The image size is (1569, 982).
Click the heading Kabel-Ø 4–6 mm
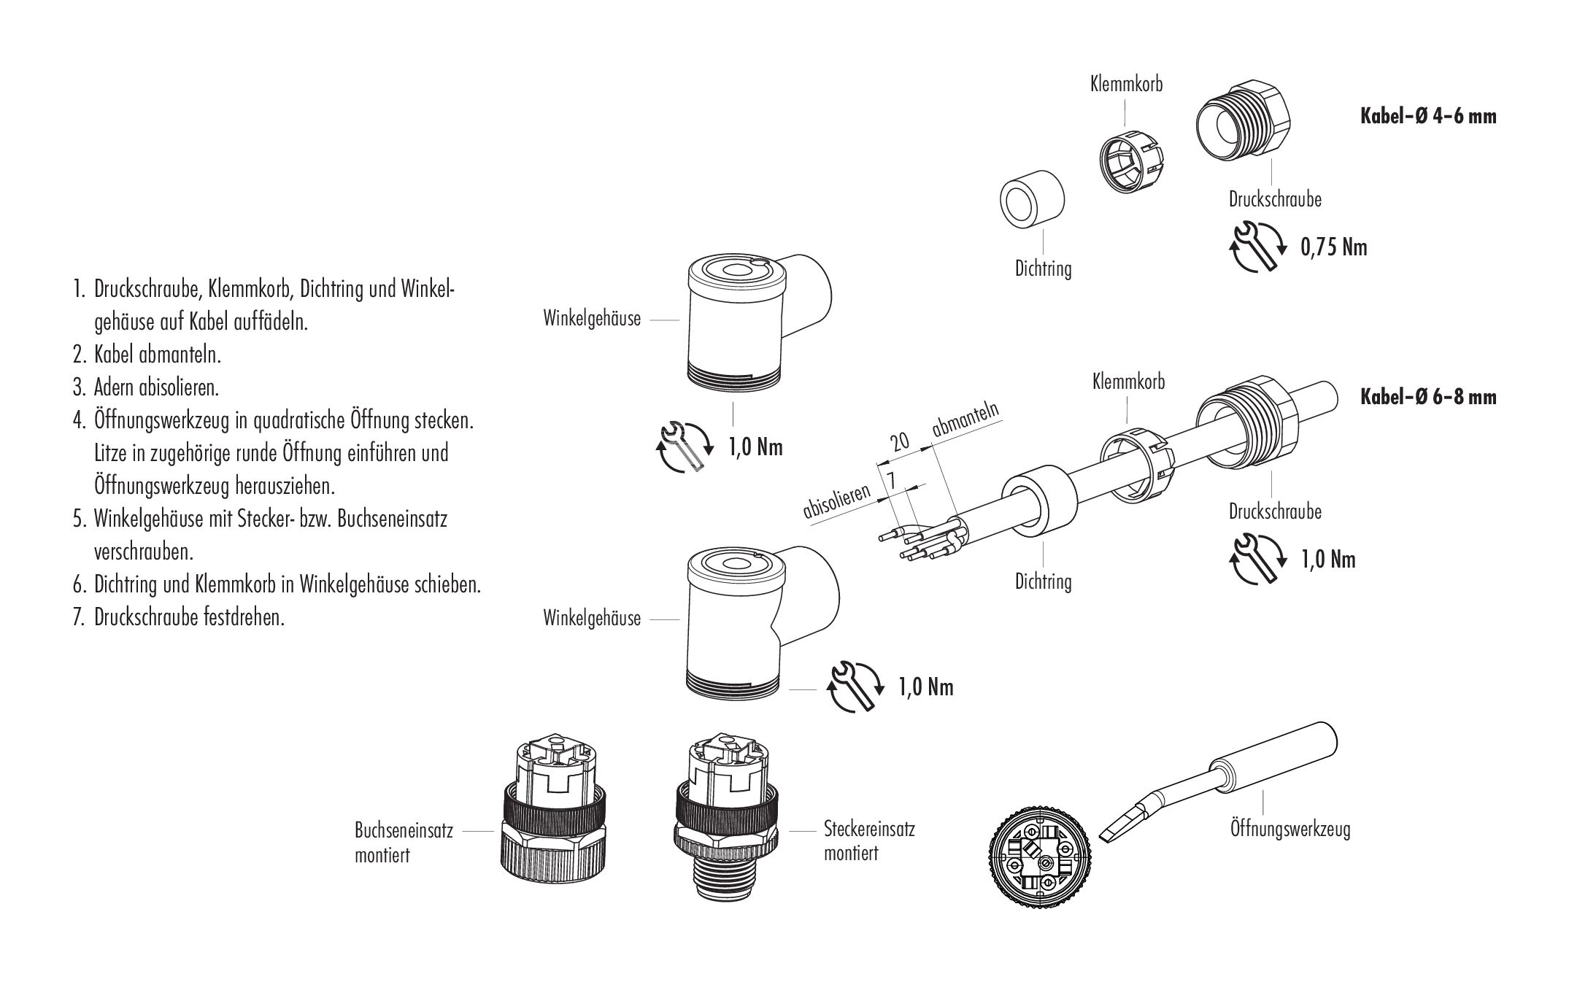click(1428, 116)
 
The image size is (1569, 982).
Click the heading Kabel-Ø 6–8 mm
click(1428, 397)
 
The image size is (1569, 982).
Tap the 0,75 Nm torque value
click(1333, 247)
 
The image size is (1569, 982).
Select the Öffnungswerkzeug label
click(1289, 829)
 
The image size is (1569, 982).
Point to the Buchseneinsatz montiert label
click(403, 842)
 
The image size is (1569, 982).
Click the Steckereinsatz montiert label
click(868, 840)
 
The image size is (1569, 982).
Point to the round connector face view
click(1040, 864)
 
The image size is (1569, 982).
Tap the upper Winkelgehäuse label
click(592, 319)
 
